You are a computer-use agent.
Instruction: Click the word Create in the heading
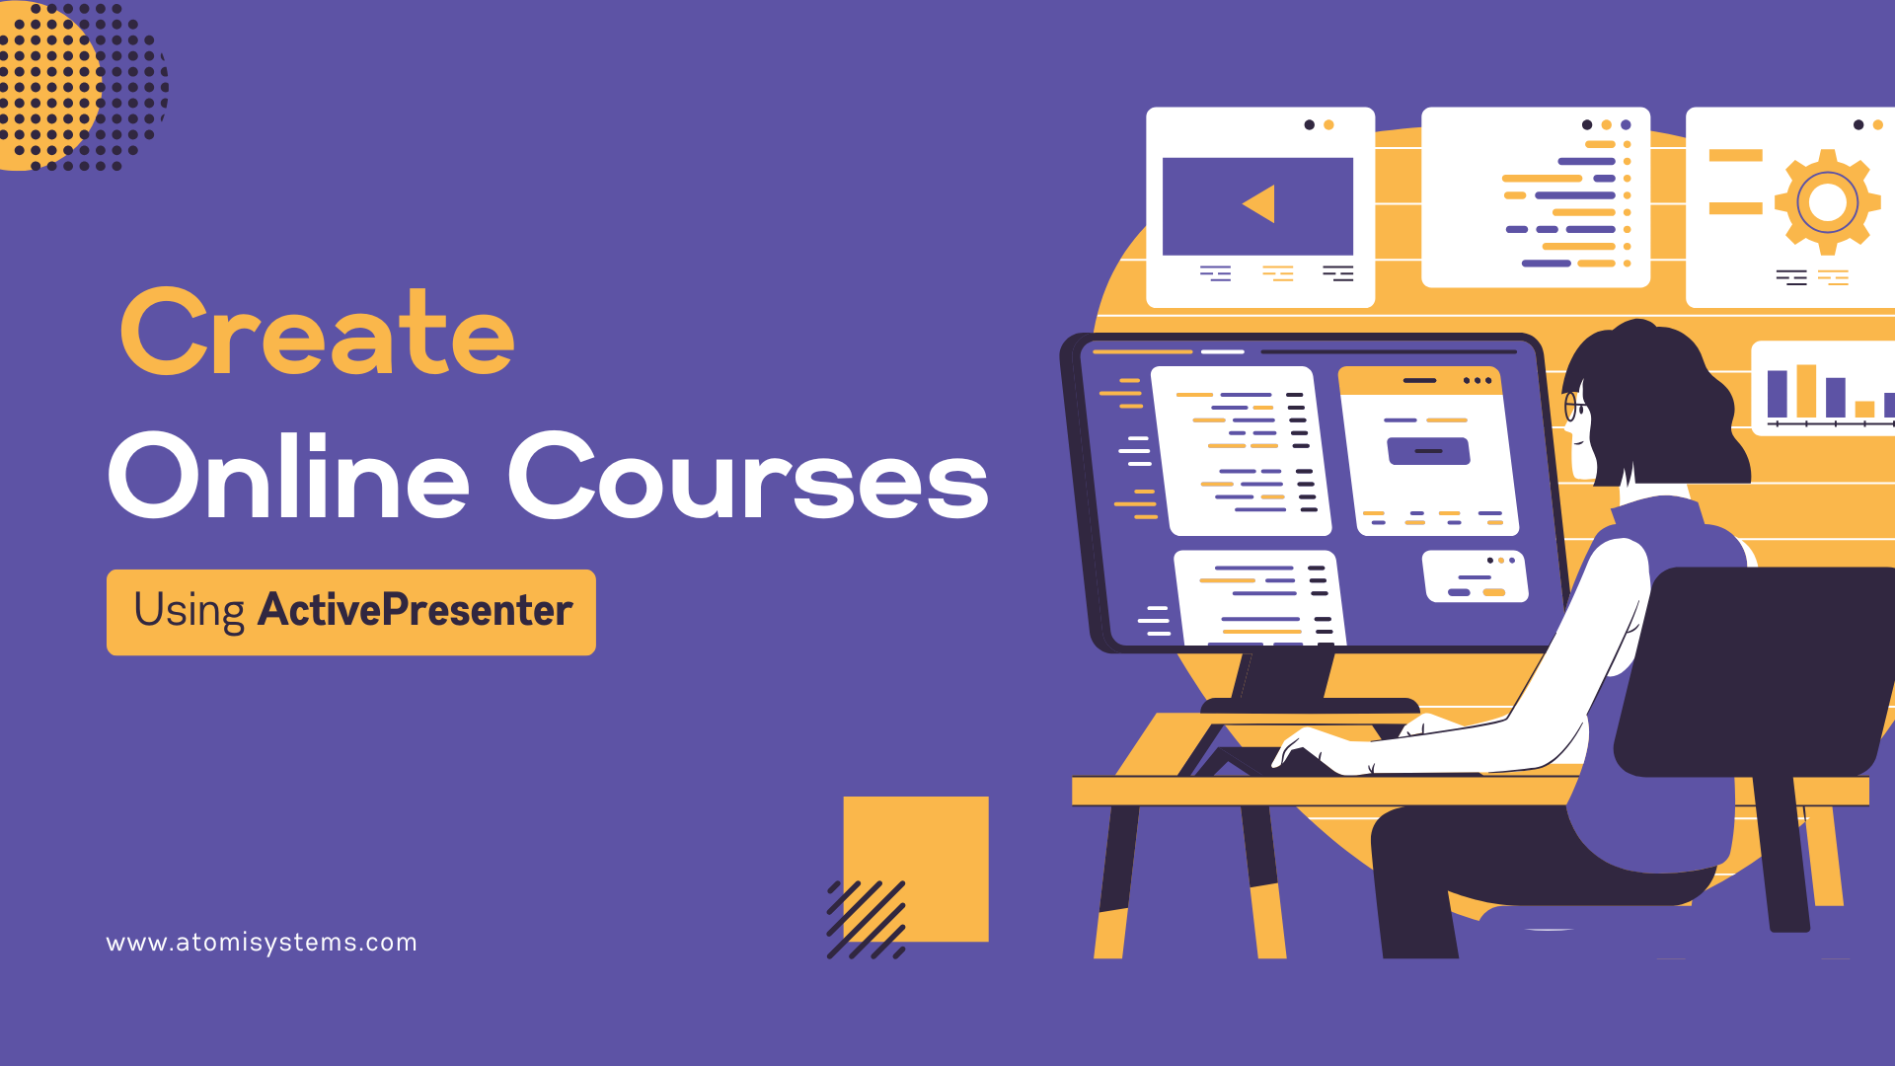click(317, 334)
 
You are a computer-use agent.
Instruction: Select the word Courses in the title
click(747, 476)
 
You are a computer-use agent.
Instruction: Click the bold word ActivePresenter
click(415, 610)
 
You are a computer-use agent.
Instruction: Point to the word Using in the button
click(189, 610)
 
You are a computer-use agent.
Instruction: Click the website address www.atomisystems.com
click(262, 943)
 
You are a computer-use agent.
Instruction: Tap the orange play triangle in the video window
click(1260, 204)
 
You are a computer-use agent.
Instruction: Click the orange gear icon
click(1826, 202)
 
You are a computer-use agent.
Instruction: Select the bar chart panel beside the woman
click(1824, 388)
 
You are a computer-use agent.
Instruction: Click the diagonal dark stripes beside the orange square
click(866, 920)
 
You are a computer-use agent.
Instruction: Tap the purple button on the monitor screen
click(1428, 451)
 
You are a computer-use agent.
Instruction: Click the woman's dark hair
click(1658, 395)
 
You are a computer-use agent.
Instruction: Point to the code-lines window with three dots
click(1535, 197)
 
